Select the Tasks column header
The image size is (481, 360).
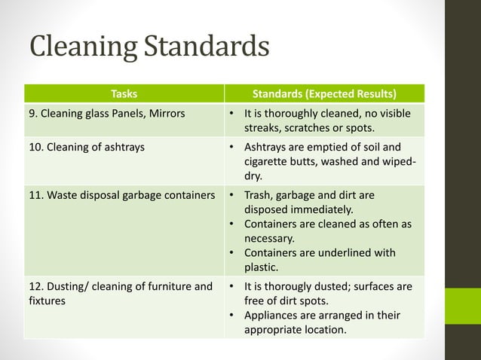(124, 94)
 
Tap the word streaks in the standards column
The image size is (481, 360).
(263, 128)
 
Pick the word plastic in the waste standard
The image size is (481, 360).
(262, 267)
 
